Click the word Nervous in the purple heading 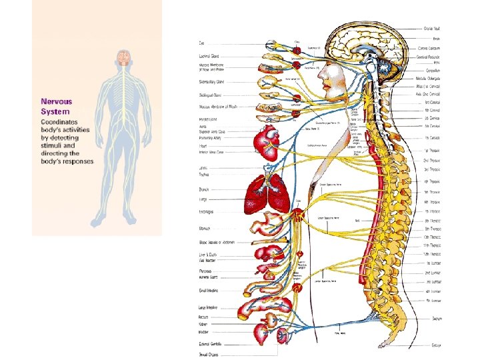point(57,102)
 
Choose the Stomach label point(205,228)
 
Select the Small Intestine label point(209,291)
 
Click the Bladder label point(203,331)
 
